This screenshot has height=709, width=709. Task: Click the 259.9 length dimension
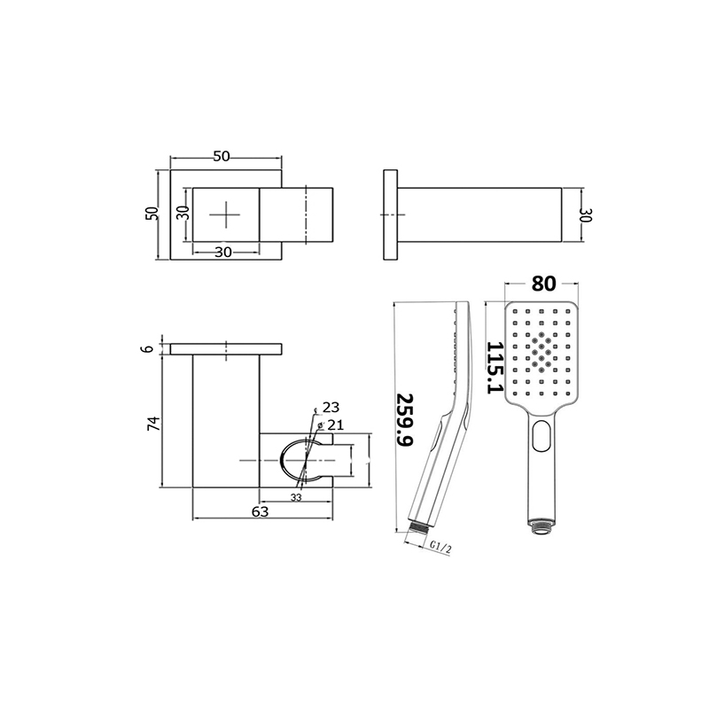coord(405,419)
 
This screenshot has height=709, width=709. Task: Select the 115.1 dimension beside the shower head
coord(495,368)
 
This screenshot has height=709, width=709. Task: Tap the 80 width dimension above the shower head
coord(543,284)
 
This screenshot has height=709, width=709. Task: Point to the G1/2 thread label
coord(440,547)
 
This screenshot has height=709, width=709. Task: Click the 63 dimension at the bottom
coord(261,511)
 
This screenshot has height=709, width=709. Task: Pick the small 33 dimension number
coord(296,497)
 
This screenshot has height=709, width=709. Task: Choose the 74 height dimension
coord(154,424)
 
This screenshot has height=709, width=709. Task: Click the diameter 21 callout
coord(331,425)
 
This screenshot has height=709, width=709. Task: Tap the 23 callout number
coord(331,408)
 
